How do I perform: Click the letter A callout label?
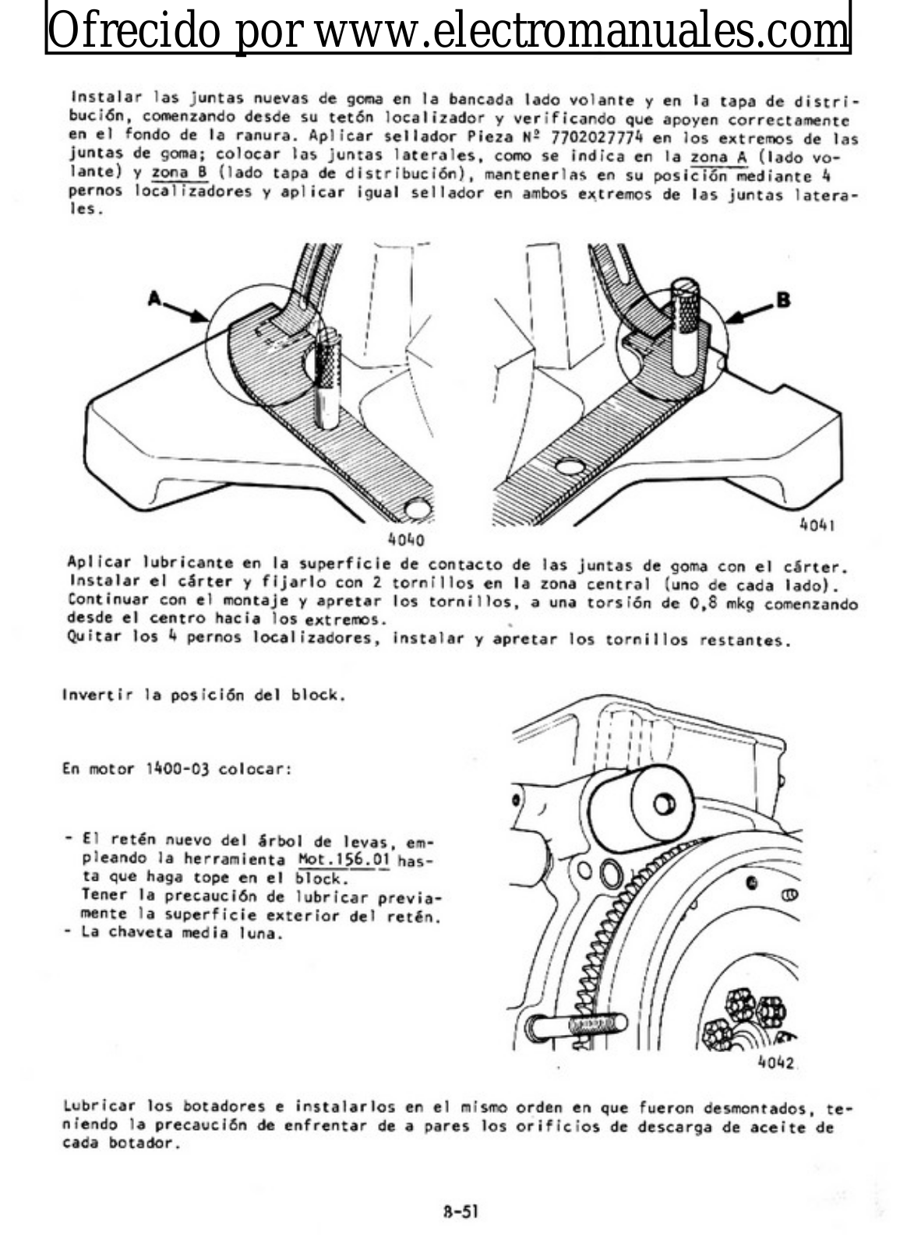(x=154, y=299)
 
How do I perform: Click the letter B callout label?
(x=783, y=301)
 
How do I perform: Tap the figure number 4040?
(x=406, y=540)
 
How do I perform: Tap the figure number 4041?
(x=817, y=525)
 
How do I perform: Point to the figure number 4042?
(x=776, y=1062)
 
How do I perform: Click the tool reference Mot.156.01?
(x=344, y=860)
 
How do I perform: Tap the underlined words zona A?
(x=718, y=157)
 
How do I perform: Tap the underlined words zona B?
(x=180, y=172)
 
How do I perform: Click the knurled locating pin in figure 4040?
(x=327, y=378)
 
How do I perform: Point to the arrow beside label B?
(x=750, y=312)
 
